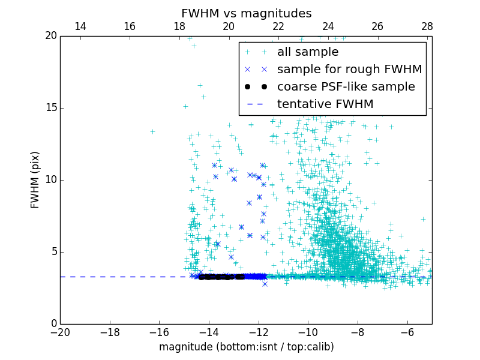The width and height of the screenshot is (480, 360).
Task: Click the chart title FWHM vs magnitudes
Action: pos(246,13)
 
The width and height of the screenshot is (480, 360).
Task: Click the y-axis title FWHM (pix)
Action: pos(35,179)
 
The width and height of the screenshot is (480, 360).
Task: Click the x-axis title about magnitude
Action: pos(246,347)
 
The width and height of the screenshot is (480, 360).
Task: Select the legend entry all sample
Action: pos(308,52)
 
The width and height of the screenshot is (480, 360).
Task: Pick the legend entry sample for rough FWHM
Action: pos(349,70)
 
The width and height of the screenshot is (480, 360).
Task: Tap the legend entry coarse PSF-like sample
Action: pos(346,87)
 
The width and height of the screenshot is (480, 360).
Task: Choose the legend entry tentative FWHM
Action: pos(325,104)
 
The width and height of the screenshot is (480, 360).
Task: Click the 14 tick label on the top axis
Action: pos(80,26)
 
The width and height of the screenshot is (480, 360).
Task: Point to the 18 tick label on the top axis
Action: pos(179,26)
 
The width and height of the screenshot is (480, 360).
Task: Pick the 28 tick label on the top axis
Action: pos(427,26)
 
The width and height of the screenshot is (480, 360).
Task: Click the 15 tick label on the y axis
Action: pos(50,108)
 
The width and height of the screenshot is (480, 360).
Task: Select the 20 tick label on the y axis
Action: pos(50,36)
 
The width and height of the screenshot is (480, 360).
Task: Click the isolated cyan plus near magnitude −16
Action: pos(152,131)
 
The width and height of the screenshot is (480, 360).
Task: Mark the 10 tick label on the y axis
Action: pos(50,180)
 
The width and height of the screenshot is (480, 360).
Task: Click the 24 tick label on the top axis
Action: pos(328,26)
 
